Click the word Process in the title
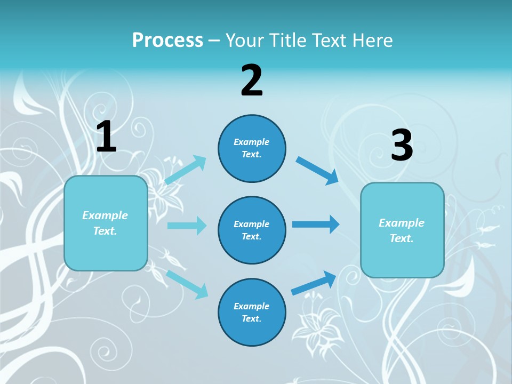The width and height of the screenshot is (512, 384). point(167,40)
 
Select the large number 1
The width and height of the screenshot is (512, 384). point(106,137)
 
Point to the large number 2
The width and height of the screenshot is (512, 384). point(252,81)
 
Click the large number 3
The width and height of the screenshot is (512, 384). point(402,146)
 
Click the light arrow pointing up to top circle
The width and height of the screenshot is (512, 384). point(186,170)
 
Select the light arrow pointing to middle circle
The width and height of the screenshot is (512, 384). point(187,226)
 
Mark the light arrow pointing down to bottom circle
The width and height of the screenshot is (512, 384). point(187,284)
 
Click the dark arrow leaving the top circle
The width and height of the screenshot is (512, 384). point(317,171)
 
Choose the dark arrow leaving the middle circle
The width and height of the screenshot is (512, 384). point(316,225)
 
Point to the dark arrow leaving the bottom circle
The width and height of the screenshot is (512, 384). point(314,283)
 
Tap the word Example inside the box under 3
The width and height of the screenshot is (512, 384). point(402,223)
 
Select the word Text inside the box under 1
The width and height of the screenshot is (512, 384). point(105,231)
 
